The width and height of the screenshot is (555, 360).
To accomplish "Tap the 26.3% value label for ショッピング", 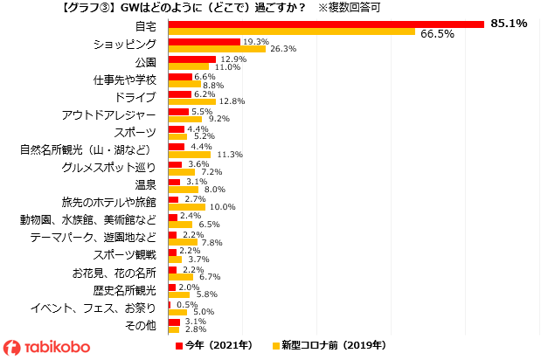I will click(x=281, y=49).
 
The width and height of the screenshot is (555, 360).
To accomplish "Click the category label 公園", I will click(x=145, y=62).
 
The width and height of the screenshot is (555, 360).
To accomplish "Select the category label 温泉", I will click(x=145, y=184).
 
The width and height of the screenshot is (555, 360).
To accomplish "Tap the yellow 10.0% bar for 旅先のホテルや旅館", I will click(x=186, y=206).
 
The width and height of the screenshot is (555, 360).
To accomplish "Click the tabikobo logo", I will click(x=47, y=347).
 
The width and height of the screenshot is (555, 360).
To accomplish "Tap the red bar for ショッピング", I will click(x=204, y=41).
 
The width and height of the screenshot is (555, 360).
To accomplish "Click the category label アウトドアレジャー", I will click(x=109, y=114).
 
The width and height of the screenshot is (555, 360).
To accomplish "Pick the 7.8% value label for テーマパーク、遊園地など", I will click(x=212, y=242).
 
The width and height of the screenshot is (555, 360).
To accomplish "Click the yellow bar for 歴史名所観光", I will click(x=178, y=294).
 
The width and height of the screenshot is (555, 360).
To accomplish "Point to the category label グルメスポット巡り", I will click(x=109, y=167).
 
